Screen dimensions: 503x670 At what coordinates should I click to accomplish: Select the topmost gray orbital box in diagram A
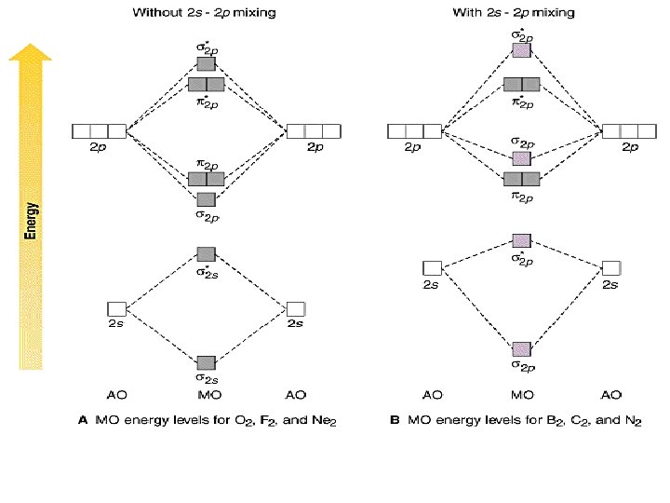coord(207,64)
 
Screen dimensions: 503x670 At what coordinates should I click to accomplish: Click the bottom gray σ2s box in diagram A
coord(207,362)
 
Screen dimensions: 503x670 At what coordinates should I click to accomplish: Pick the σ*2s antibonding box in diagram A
coord(207,253)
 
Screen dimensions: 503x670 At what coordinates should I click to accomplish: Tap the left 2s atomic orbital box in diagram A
coord(116,308)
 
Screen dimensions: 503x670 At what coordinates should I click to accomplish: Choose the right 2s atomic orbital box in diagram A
coord(296,308)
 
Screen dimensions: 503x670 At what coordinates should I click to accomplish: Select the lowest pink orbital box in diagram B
coord(522,349)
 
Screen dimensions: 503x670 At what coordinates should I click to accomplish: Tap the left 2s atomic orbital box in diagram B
coord(432,269)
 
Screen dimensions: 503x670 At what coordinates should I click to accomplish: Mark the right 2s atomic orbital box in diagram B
coord(610,269)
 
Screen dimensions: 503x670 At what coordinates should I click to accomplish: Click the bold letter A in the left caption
coord(81,421)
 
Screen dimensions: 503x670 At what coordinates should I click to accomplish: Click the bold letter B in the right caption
coord(394,421)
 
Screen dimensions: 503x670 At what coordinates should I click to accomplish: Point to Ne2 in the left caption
coord(325,422)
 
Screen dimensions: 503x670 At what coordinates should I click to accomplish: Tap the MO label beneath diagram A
coord(207,395)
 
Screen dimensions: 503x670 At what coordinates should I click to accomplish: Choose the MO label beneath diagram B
coord(522,395)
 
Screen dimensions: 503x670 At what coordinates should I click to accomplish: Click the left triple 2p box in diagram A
coord(99,131)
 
